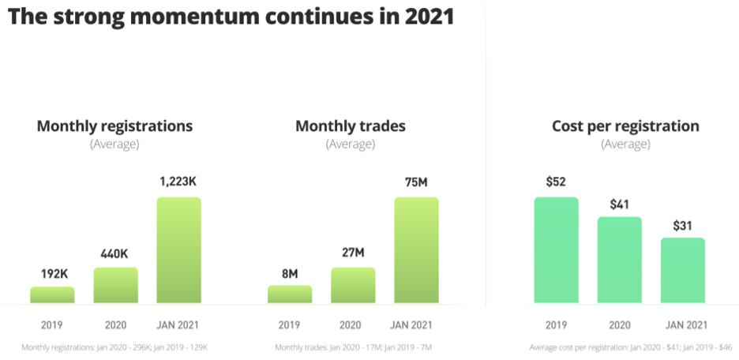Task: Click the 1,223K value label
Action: [x=178, y=182]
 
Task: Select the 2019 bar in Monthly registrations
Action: [x=52, y=295]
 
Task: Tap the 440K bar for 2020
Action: [x=115, y=285]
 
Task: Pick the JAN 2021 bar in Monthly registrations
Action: [x=178, y=250]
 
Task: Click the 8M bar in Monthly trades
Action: [x=290, y=294]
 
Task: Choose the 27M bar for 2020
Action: [x=353, y=285]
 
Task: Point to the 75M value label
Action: [x=416, y=182]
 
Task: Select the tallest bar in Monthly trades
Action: [x=416, y=250]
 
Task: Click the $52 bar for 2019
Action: [x=556, y=250]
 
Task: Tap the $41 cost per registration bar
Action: [x=619, y=260]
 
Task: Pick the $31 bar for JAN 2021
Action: [x=682, y=270]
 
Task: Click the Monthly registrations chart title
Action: [x=114, y=126]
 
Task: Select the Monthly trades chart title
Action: [x=351, y=126]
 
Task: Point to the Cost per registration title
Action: [x=625, y=126]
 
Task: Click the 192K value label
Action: [x=54, y=274]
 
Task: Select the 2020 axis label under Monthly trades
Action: [x=351, y=324]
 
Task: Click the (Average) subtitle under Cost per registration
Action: [x=625, y=144]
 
